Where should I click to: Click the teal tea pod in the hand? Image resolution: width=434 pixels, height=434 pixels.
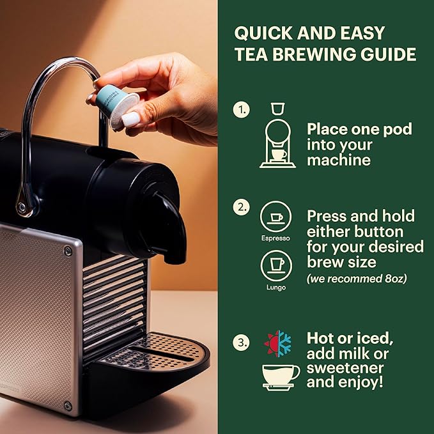[117, 105]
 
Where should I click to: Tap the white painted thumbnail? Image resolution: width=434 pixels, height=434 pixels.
[130, 120]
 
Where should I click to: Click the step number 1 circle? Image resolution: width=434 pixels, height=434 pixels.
[241, 110]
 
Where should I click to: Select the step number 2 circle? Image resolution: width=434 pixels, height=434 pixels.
[241, 207]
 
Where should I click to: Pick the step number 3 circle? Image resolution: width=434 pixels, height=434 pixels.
[241, 343]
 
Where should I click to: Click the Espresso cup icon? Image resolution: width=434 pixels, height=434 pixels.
[275, 217]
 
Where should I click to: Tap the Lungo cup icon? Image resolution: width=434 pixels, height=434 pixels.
[276, 266]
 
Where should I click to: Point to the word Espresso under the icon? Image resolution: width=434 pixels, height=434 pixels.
[275, 238]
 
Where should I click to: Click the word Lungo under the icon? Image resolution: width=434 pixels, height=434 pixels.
[276, 288]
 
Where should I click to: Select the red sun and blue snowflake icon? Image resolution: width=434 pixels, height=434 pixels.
[277, 343]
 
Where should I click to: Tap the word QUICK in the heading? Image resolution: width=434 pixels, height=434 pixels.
[263, 33]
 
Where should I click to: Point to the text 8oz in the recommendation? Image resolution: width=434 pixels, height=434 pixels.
[395, 279]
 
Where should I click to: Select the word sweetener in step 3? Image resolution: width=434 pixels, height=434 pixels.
[345, 368]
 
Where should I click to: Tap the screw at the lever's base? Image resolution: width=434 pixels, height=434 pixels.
[22, 206]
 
